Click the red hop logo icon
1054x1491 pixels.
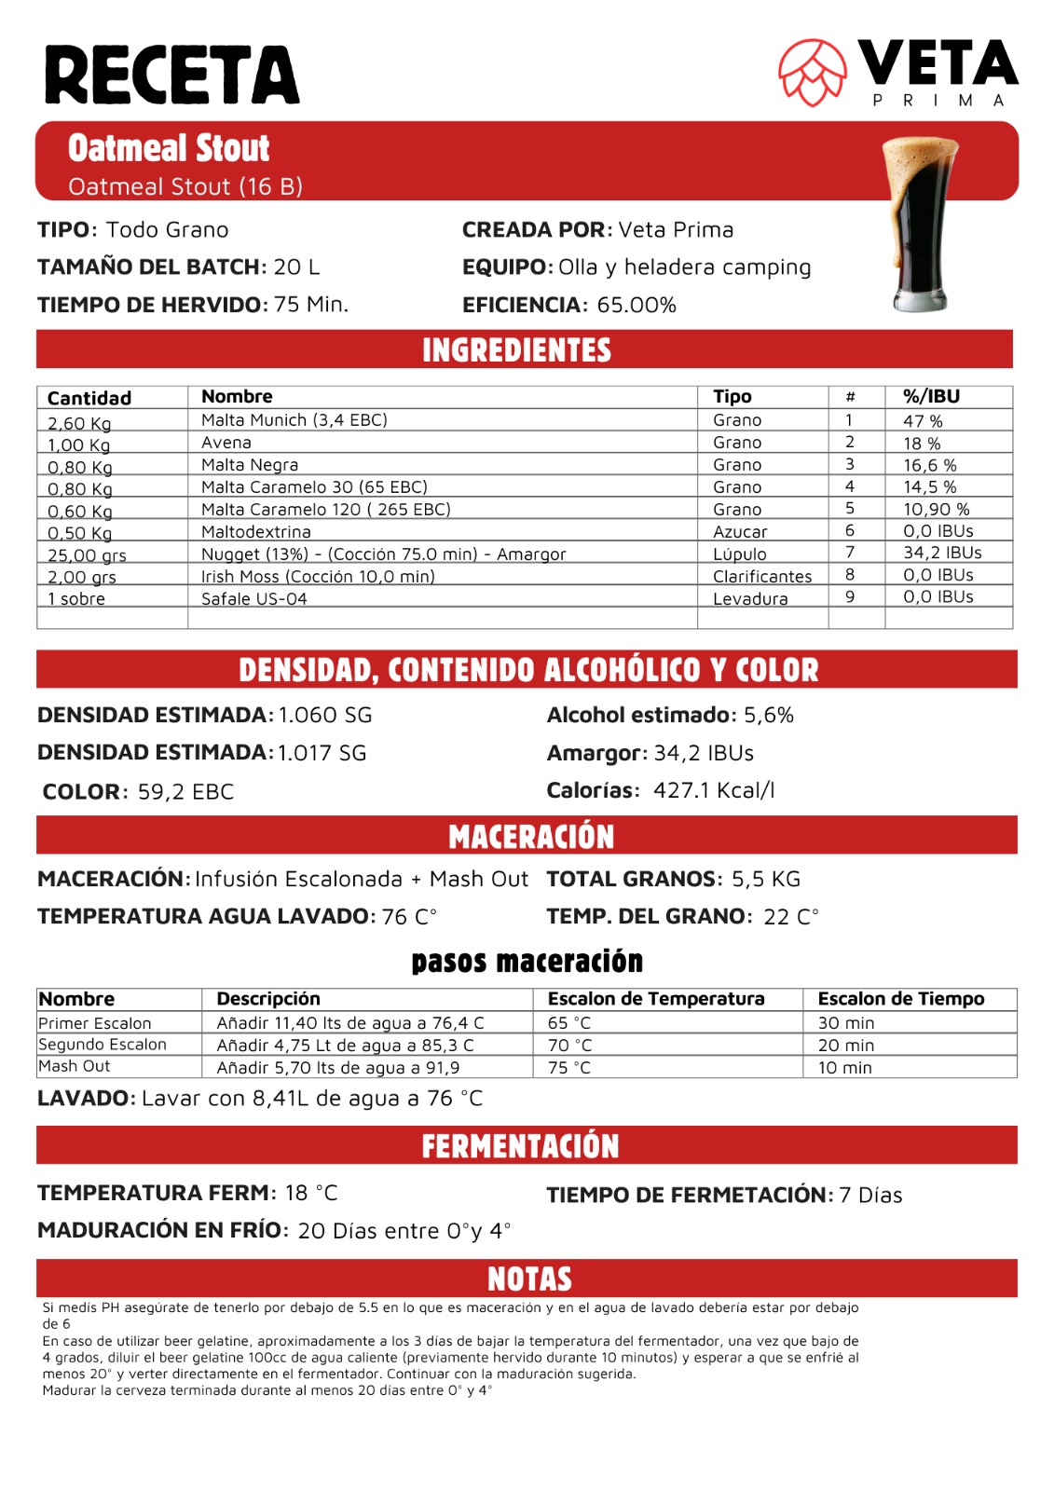pos(812,72)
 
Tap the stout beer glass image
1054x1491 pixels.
pos(920,225)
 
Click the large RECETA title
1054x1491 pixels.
pos(172,75)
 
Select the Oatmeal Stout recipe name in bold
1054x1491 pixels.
pos(169,148)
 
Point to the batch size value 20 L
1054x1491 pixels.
pos(296,267)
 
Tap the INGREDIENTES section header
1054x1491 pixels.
pos(516,350)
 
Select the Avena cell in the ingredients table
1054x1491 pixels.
pos(226,443)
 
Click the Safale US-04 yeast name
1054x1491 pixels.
pos(254,599)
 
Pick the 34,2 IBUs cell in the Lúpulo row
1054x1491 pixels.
pos(942,553)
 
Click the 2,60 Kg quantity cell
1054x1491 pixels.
pos(79,424)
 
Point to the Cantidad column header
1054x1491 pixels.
pos(89,398)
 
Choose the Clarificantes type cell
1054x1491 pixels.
pos(762,577)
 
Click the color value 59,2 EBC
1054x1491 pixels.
pos(185,792)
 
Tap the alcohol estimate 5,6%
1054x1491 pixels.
pos(769,716)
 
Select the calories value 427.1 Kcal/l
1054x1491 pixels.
pos(714,791)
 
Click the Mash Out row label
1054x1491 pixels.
pos(75,1066)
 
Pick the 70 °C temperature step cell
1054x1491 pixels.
pos(569,1046)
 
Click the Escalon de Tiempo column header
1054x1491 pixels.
pos(901,999)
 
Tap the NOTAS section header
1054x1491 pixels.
pos(529,1279)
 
